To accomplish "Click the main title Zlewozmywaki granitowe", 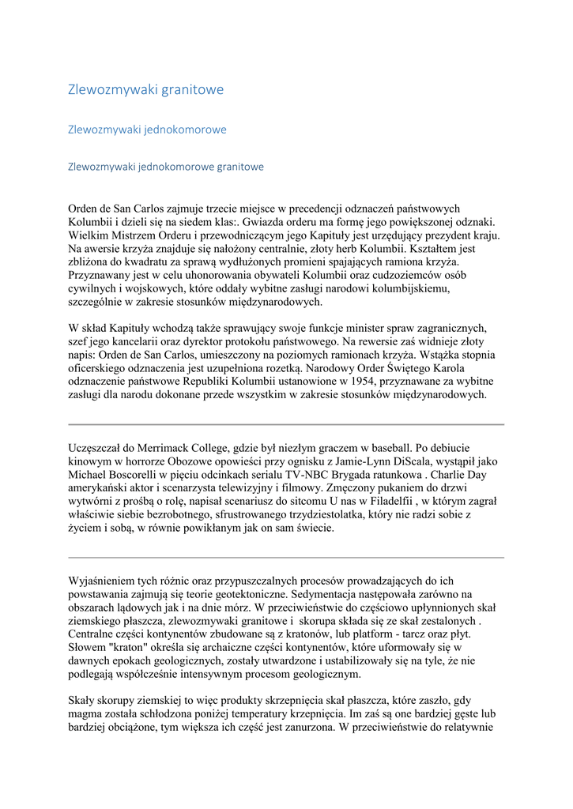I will pos(145,89).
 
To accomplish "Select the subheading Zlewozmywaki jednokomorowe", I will pos(147,129).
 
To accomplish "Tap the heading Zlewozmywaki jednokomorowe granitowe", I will pos(166,167).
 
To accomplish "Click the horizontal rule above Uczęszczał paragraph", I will pos(286,424).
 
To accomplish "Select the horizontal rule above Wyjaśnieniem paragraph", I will pos(286,558).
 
